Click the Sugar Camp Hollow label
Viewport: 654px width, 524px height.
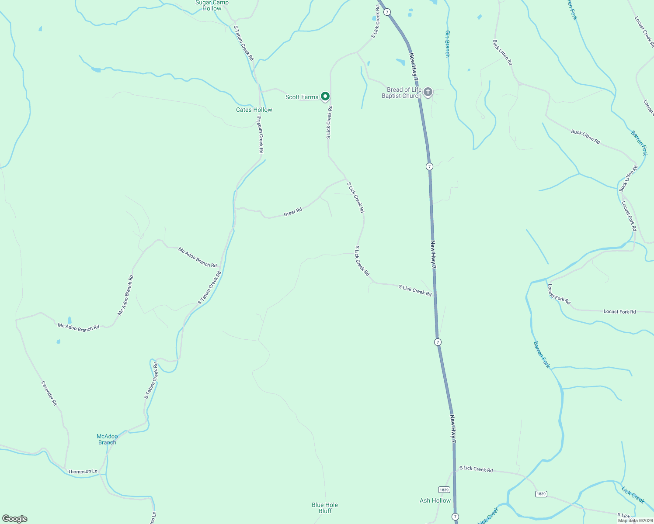[x=212, y=5]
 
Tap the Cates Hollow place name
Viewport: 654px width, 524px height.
[x=254, y=110]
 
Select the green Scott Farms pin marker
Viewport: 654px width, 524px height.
[x=325, y=96]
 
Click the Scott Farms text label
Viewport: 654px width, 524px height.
[x=302, y=97]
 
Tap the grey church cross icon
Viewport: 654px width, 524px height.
[x=428, y=92]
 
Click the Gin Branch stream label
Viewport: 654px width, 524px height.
[x=447, y=44]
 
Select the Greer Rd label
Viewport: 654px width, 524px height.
[x=293, y=213]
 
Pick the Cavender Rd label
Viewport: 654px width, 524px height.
[x=49, y=393]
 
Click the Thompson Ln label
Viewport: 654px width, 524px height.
[x=83, y=472]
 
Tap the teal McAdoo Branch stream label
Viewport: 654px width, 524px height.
[x=107, y=439]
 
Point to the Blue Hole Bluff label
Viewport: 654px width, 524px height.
[x=325, y=508]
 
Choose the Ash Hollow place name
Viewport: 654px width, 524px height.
[x=435, y=500]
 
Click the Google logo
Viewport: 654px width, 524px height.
[x=15, y=519]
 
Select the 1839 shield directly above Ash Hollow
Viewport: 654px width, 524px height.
[x=443, y=490]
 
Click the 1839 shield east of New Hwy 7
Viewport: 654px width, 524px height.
[x=541, y=494]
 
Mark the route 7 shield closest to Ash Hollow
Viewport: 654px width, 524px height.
[x=456, y=517]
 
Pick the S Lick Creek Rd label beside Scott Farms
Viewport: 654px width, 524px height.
[x=329, y=122]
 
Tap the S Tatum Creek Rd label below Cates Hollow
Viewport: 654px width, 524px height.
[x=260, y=134]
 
